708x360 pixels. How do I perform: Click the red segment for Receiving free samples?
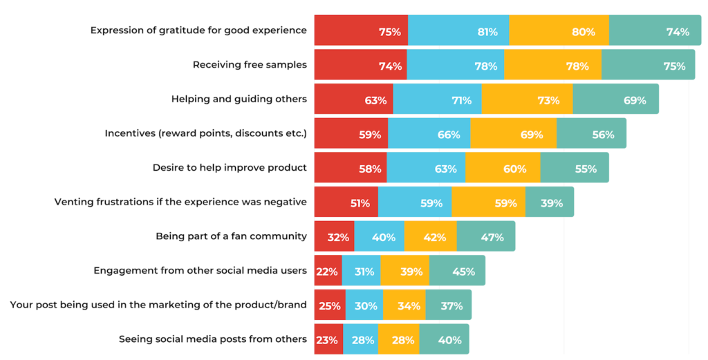coord(360,65)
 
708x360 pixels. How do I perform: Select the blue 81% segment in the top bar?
coord(458,31)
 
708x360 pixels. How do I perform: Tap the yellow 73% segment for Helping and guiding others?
coord(527,100)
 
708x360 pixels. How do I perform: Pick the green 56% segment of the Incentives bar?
coord(591,133)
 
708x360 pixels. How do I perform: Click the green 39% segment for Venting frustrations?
coord(549,202)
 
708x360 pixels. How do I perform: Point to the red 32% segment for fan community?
coord(334,237)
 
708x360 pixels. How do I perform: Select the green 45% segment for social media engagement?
coord(457,271)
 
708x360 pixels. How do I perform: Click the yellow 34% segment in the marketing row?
coord(404,305)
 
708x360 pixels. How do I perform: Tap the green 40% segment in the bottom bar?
coord(444,339)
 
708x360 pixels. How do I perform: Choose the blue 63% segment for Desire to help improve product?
coord(426,168)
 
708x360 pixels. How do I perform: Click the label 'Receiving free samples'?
coord(250,65)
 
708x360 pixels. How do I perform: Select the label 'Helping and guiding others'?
coord(239,99)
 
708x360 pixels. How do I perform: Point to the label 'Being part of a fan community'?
coord(231,236)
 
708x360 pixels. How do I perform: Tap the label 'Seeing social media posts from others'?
coord(213,339)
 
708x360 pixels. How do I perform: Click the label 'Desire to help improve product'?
coord(230,168)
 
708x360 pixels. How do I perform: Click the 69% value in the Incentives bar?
coord(532,135)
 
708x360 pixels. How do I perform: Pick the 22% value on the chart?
coord(326,272)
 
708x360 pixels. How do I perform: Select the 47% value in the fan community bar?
coord(492,237)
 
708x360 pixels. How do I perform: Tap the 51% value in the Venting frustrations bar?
coord(360,203)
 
